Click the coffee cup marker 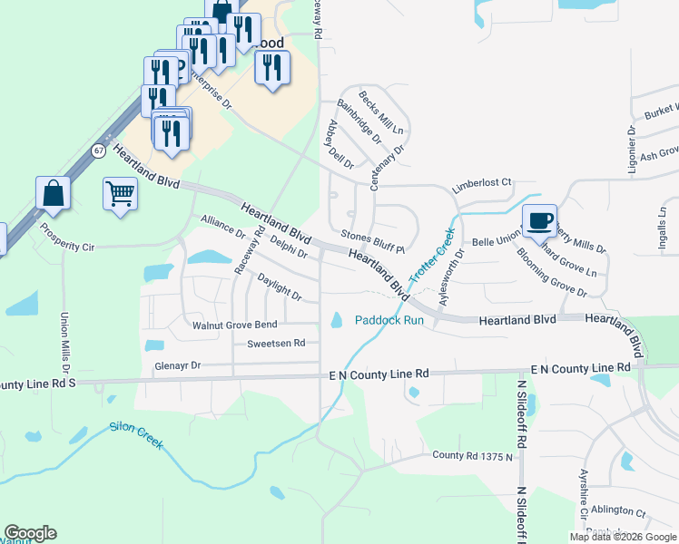point(540,220)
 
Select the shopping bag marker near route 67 point(54,194)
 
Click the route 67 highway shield point(99,150)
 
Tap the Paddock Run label point(389,320)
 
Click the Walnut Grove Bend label point(234,325)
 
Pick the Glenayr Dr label point(176,365)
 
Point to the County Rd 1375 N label point(472,455)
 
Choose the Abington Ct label point(615,513)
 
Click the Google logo point(31,533)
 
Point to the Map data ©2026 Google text point(623,537)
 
